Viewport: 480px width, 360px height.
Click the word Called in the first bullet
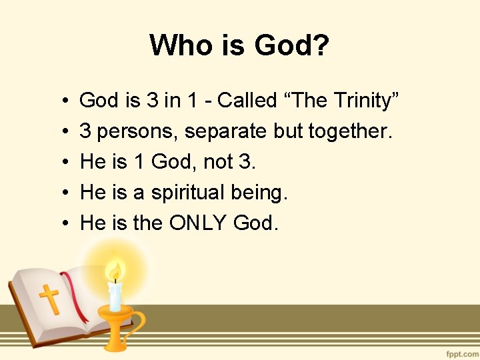pyautogui.click(x=247, y=101)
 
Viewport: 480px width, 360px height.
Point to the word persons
pyautogui.click(x=138, y=131)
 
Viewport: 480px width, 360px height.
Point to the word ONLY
pyautogui.click(x=199, y=223)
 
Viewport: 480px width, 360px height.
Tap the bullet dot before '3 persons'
pyautogui.click(x=61, y=132)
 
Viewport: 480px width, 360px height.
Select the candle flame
pyautogui.click(x=115, y=271)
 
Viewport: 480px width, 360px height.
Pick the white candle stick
pyautogui.click(x=115, y=297)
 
